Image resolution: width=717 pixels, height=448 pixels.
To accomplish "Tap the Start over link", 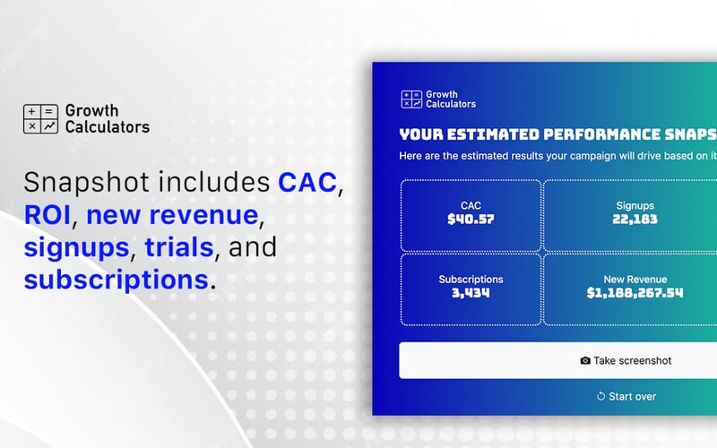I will (626, 396).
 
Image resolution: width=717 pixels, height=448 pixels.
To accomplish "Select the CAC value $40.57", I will (471, 219).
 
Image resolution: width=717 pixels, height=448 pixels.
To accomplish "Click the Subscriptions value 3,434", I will (471, 293).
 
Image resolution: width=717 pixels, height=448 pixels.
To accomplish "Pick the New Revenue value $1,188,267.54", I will (635, 293).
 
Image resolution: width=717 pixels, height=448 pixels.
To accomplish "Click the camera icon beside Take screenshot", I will (585, 360).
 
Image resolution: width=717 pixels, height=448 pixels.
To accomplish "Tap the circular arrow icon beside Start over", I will (600, 396).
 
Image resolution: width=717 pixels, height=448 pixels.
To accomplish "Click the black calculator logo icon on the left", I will (40, 119).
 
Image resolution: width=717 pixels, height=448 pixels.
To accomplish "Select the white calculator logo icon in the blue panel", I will (411, 99).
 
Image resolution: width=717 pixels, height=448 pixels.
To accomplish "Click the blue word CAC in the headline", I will (307, 183).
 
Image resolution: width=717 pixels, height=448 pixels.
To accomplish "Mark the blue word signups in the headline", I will (76, 246).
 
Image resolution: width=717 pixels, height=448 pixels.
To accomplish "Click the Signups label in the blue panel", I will (635, 205).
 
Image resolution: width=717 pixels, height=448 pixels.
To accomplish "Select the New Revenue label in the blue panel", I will (635, 280).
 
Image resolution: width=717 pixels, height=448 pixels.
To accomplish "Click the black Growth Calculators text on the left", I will (107, 119).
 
